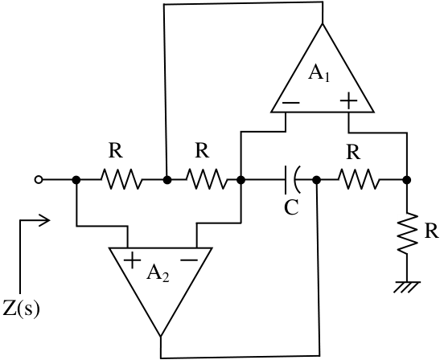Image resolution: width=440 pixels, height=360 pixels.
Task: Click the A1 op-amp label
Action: coord(319,74)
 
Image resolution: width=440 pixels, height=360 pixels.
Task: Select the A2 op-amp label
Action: coord(158,273)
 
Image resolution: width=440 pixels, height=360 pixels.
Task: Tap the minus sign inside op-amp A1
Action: coord(291,103)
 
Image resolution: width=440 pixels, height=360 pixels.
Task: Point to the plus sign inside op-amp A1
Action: coord(348,100)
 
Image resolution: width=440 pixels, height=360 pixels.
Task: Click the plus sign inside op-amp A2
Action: coord(132,260)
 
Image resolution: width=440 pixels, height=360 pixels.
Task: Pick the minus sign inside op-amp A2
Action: coord(189,260)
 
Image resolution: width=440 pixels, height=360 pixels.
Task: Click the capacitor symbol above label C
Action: coord(293,180)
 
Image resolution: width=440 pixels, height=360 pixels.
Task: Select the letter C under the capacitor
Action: coord(291,208)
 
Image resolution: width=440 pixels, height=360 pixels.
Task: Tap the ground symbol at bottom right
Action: coord(407,287)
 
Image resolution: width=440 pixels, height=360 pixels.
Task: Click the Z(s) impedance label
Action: coord(21,309)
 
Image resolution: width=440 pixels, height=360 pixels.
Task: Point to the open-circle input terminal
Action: coord(39,180)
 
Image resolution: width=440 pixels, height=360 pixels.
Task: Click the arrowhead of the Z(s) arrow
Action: coord(46,220)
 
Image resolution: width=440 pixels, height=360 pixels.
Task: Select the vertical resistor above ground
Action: coord(407,233)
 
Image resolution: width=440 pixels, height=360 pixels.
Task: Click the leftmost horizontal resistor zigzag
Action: coord(121,180)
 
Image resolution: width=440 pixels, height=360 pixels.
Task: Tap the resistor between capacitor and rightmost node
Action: coord(358,180)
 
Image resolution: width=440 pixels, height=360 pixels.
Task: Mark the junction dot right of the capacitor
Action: coord(317,180)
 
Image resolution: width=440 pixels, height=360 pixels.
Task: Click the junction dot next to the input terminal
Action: coord(76,180)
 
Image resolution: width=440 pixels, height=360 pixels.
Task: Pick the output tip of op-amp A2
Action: coord(161,336)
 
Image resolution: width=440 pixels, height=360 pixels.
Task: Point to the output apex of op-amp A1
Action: coord(323,24)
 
